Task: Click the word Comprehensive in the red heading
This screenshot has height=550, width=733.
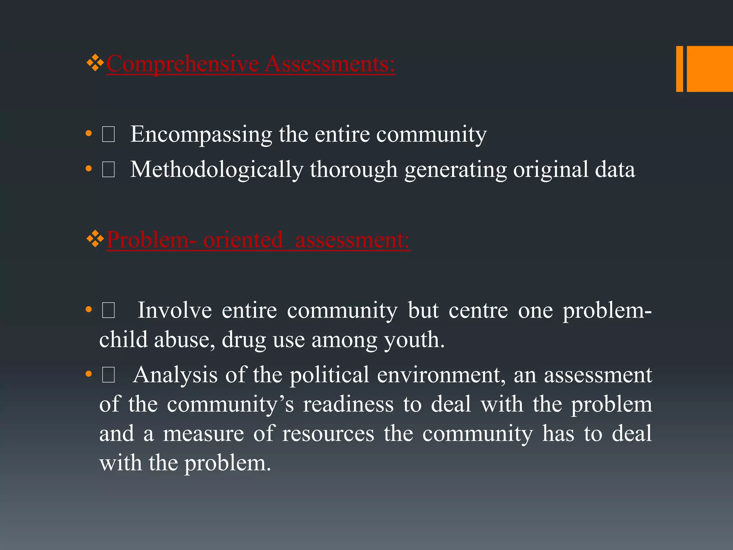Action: pyautogui.click(x=183, y=64)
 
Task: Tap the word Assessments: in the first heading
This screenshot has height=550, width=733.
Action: pyautogui.click(x=330, y=64)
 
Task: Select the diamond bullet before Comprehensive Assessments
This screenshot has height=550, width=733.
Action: pyautogui.click(x=95, y=63)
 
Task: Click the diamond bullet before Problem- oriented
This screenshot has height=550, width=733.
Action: pyautogui.click(x=95, y=239)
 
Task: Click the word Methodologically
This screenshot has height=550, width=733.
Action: pyautogui.click(x=217, y=170)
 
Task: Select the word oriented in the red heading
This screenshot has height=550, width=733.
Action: pyautogui.click(x=243, y=240)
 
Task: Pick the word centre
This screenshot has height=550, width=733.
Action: pyautogui.click(x=478, y=310)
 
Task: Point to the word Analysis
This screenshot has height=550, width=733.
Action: pyautogui.click(x=175, y=375)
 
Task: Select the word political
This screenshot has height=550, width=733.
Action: pyautogui.click(x=329, y=375)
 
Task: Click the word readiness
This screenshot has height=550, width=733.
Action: pyautogui.click(x=348, y=404)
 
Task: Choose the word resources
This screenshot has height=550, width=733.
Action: pyautogui.click(x=328, y=434)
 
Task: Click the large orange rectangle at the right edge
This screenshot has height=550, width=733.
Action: pyautogui.click(x=710, y=69)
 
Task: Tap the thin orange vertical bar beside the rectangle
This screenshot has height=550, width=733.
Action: pyautogui.click(x=679, y=69)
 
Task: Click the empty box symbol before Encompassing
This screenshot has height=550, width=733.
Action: pyautogui.click(x=108, y=135)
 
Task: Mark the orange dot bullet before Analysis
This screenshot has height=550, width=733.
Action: pyautogui.click(x=89, y=375)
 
